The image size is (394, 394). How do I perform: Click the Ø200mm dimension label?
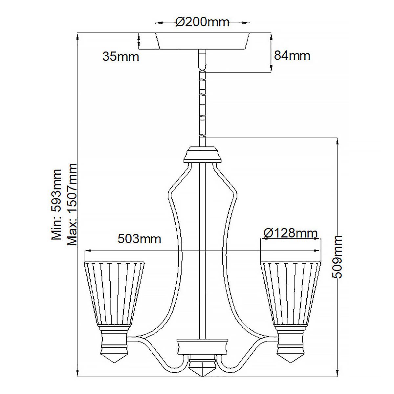[x=202, y=22]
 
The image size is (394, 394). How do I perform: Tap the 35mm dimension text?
[x=120, y=56]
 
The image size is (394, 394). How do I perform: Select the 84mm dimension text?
[x=292, y=55]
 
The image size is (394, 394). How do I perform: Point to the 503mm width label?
[x=139, y=239]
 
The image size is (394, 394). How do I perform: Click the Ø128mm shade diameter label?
[x=291, y=233]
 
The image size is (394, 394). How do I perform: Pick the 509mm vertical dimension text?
[x=337, y=257]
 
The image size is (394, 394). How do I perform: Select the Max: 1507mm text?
[x=72, y=204]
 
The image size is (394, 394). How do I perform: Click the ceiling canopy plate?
[x=202, y=41]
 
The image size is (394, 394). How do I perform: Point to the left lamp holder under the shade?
[x=114, y=340]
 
